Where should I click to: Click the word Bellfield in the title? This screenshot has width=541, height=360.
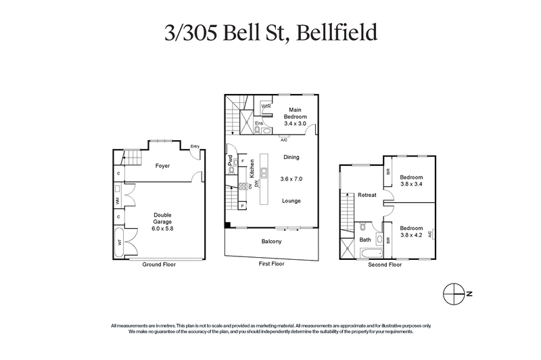(x=333, y=33)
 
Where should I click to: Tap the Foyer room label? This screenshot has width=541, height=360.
(x=162, y=166)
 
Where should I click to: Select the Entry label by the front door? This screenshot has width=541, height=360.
(x=195, y=146)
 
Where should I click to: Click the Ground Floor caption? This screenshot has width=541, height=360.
(x=159, y=265)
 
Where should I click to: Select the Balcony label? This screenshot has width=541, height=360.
(x=271, y=242)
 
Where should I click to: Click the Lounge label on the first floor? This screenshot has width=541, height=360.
(x=291, y=201)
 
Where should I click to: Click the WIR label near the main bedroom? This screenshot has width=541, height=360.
(x=266, y=106)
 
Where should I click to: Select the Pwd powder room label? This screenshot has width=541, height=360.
(x=231, y=162)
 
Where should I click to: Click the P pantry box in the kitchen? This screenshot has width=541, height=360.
(x=242, y=205)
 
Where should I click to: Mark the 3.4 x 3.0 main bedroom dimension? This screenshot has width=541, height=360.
(x=295, y=124)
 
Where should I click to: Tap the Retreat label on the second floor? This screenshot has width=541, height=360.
(x=367, y=196)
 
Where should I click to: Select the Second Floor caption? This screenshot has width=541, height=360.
(x=385, y=265)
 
